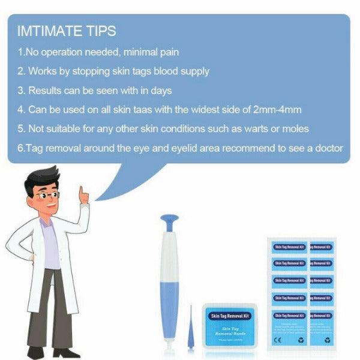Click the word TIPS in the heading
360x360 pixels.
click(100, 31)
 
